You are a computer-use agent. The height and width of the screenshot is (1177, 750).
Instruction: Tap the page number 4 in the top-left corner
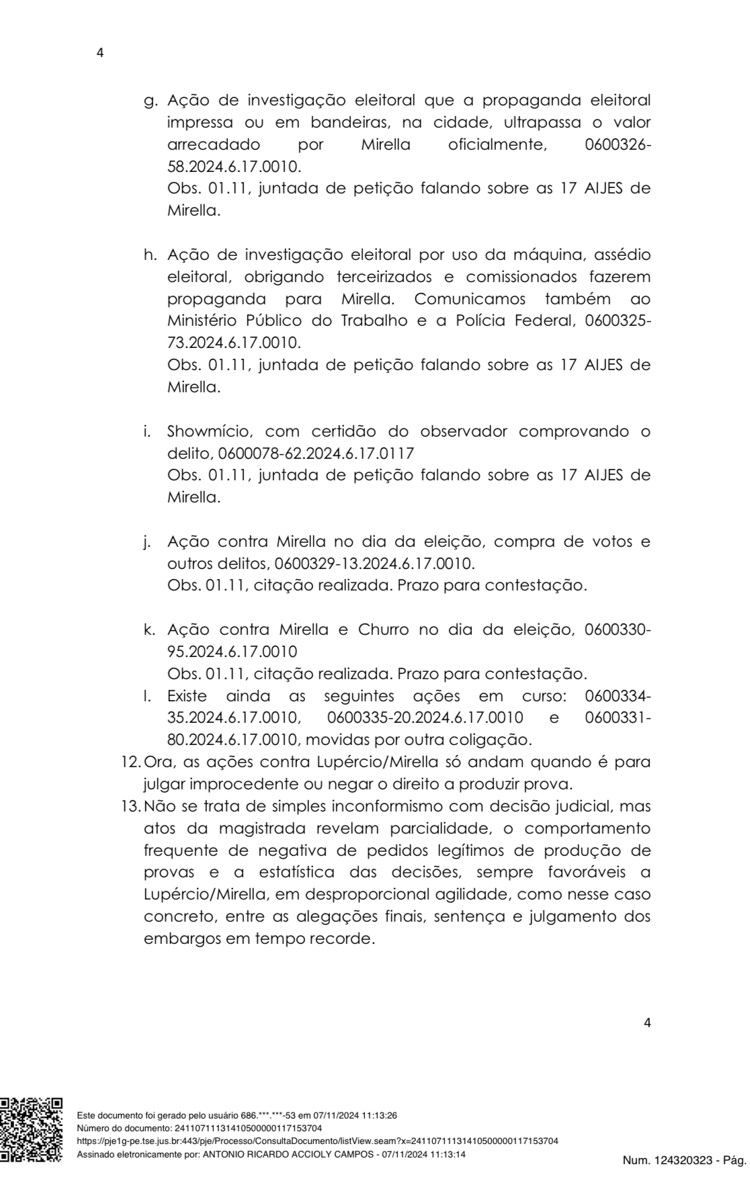(x=101, y=53)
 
